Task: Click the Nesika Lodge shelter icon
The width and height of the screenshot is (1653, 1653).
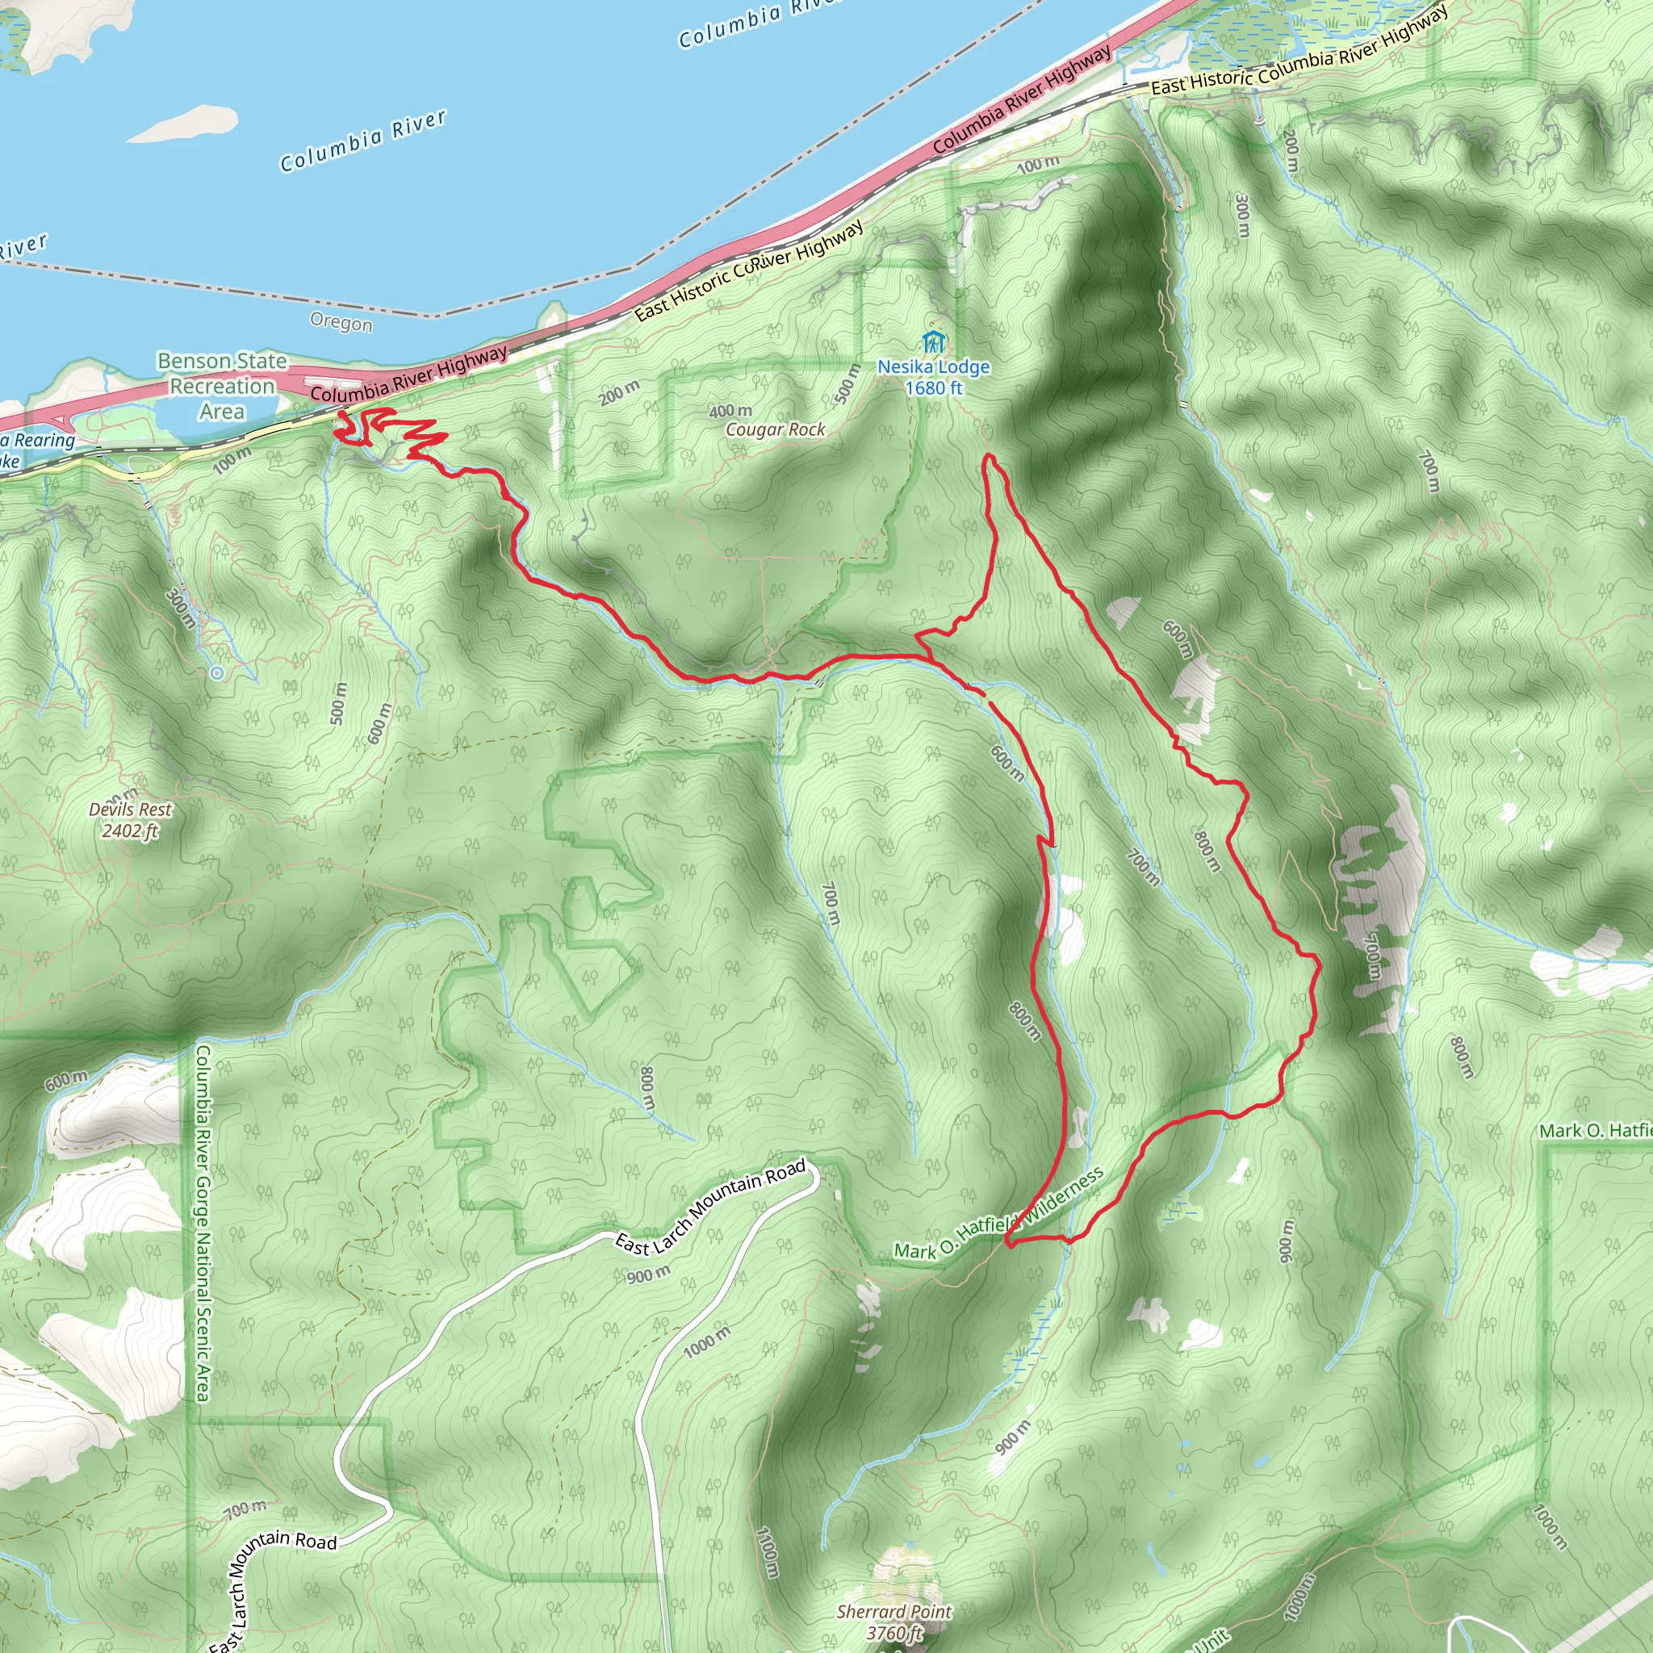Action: coord(932,343)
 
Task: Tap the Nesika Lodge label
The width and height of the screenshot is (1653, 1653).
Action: coord(934,367)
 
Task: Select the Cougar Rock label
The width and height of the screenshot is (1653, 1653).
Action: coord(775,429)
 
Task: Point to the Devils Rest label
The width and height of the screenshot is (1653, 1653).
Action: coord(130,810)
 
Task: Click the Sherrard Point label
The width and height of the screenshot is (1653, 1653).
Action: coord(894,1612)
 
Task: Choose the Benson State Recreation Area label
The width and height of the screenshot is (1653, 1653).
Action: coord(222,386)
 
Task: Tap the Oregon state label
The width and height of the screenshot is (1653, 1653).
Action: coord(341,323)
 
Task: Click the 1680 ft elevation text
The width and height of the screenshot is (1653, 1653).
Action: coord(934,388)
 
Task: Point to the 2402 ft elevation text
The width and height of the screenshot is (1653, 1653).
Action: coord(130,831)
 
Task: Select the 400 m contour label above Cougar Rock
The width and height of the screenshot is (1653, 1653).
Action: coord(730,412)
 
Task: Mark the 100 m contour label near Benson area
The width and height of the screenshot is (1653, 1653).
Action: coord(232,459)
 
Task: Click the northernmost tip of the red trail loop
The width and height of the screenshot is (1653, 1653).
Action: coord(990,458)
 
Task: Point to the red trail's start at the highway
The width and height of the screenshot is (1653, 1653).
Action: coord(343,415)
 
